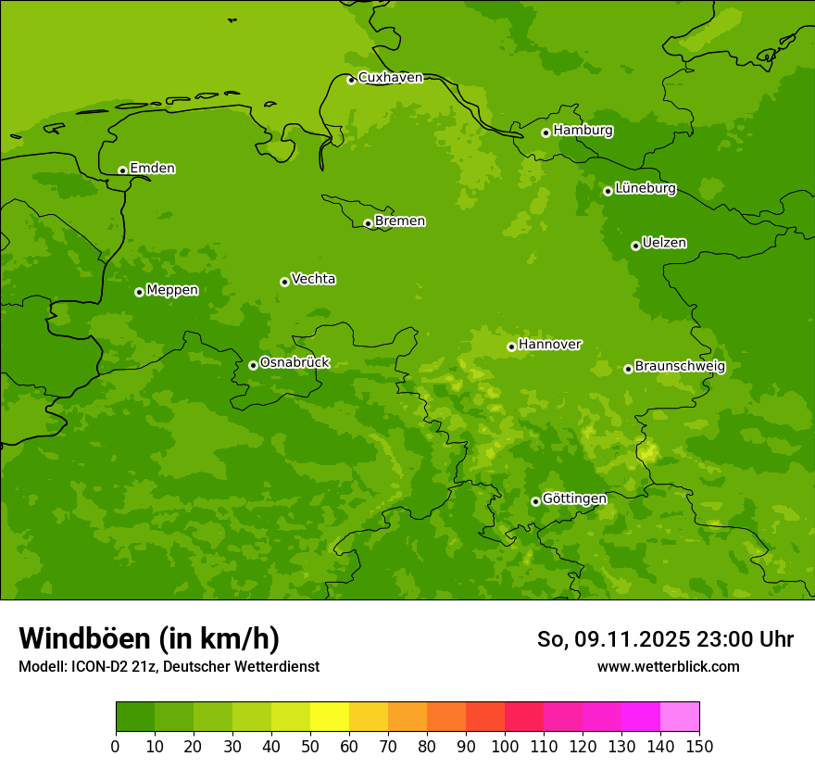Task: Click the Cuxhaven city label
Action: [x=390, y=78]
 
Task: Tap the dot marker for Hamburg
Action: [x=546, y=132]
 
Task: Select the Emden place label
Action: [x=152, y=169]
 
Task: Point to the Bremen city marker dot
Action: [x=368, y=223]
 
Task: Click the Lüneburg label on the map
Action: [x=645, y=189]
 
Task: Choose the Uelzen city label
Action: [x=664, y=244]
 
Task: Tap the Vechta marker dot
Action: [x=284, y=282]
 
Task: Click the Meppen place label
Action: [x=172, y=290]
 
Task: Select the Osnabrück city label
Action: [x=295, y=363]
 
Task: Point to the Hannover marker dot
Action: [x=511, y=347]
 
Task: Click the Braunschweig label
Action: [x=680, y=367]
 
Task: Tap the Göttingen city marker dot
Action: [x=535, y=501]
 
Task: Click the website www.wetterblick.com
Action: [x=668, y=667]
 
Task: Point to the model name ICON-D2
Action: [x=97, y=667]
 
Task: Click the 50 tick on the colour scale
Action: [x=310, y=746]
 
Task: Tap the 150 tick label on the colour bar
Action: [x=699, y=746]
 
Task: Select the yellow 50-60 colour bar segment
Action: [x=330, y=716]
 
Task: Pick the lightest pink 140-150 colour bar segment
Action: [x=680, y=716]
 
